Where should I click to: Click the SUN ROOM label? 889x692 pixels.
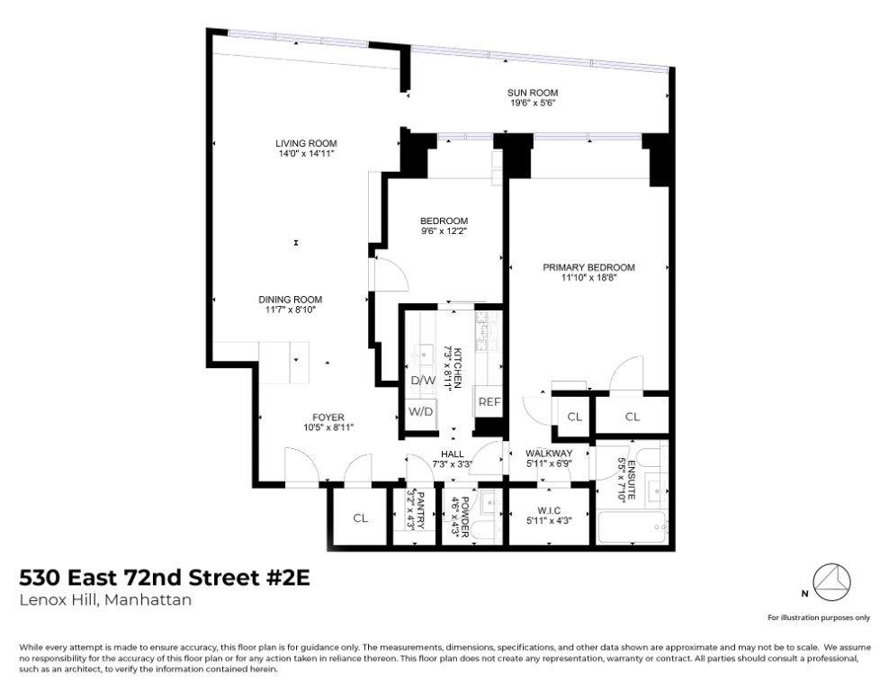(x=534, y=92)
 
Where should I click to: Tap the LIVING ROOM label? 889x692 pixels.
(x=306, y=143)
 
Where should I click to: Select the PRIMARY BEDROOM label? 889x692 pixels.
(x=588, y=267)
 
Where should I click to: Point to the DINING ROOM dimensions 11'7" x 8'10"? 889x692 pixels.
(x=290, y=310)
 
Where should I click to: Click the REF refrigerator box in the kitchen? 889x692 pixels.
(x=489, y=402)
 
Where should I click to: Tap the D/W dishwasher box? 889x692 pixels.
(x=423, y=381)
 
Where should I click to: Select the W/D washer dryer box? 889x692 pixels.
(x=421, y=411)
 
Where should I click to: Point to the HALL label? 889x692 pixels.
(x=452, y=454)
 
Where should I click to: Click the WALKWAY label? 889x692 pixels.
(x=549, y=454)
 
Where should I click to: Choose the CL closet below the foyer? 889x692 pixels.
(x=361, y=517)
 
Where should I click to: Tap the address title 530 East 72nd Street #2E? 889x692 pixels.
(x=165, y=577)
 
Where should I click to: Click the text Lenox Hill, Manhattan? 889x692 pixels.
(x=105, y=600)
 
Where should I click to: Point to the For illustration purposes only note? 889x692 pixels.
(x=818, y=617)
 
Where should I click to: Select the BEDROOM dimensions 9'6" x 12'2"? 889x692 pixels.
(x=444, y=230)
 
